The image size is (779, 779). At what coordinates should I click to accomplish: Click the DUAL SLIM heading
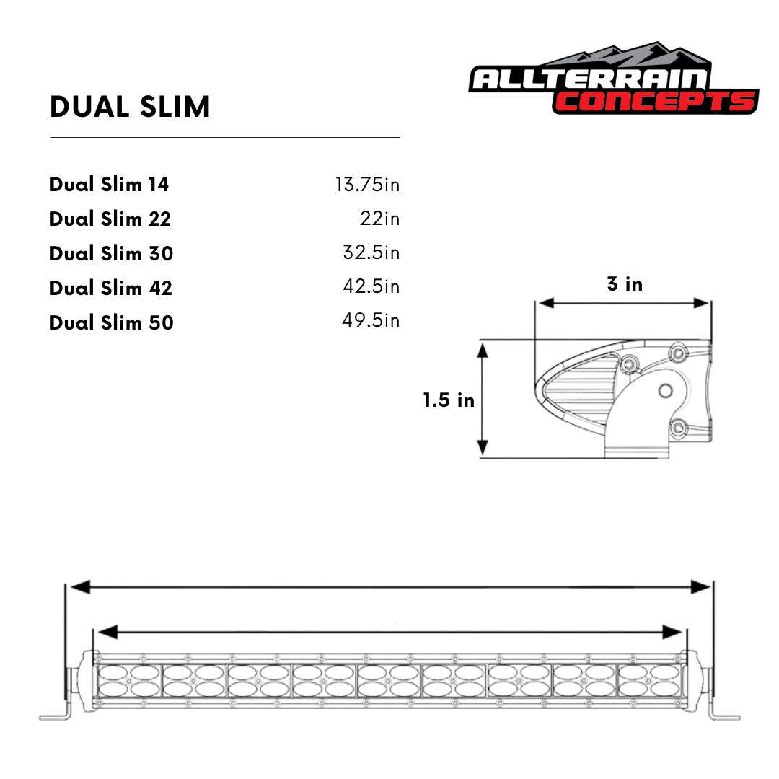point(130,107)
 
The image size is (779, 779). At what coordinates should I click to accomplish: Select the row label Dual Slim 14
point(109,185)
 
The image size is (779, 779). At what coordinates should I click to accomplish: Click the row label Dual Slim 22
point(110,219)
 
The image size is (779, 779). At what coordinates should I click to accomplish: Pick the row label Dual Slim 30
point(112,253)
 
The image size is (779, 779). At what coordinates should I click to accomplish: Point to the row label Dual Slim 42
point(111,288)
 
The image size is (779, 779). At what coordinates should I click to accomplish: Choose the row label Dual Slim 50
point(112,322)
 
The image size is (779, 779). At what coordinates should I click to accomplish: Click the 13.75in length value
point(366,185)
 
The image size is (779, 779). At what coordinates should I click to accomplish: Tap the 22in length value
point(379,219)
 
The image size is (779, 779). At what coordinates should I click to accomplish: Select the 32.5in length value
point(371,253)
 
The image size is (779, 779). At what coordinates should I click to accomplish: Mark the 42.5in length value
point(371,287)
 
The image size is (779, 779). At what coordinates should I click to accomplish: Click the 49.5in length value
point(370,321)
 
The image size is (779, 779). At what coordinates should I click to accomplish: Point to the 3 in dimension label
point(625,284)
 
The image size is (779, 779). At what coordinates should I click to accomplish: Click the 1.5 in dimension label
point(449,400)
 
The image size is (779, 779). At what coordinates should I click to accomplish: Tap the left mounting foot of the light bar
point(54,716)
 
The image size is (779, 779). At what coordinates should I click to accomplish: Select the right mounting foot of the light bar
point(725,716)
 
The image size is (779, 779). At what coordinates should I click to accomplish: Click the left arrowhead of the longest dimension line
point(79,587)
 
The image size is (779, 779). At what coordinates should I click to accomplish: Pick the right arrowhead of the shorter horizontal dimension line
point(672,633)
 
